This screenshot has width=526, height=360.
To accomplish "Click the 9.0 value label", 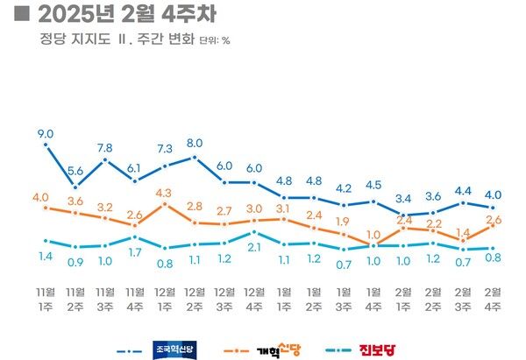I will [x=46, y=133].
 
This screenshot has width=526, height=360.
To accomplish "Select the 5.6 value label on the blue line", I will [x=75, y=171].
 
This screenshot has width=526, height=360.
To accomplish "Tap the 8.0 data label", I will [x=195, y=143].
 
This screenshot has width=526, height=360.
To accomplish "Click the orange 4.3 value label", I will [x=164, y=192].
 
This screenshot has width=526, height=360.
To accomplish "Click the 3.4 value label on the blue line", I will [x=403, y=198].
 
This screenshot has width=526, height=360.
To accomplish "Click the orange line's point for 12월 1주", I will [x=165, y=204].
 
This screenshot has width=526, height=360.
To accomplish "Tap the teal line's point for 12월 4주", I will [x=254, y=231].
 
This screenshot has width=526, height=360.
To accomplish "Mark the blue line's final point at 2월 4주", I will [x=493, y=208].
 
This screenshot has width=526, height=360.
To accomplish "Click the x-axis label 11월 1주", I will [x=46, y=297].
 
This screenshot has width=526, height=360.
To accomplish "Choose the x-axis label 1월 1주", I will [x=284, y=297].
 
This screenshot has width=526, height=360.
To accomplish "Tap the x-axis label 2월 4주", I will [x=493, y=297].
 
